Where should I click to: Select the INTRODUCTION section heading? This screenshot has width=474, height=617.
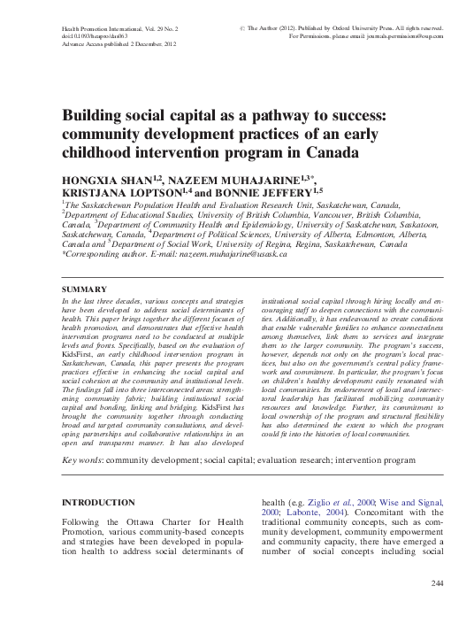pos(98,502)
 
